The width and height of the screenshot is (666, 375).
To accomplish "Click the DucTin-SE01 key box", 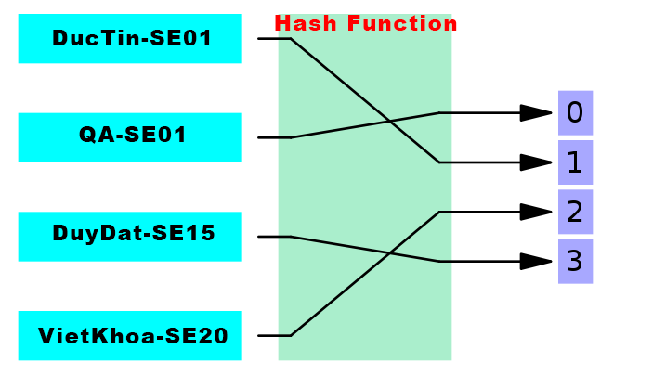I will pyautogui.click(x=129, y=38).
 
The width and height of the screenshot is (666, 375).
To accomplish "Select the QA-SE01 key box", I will pyautogui.click(x=129, y=137).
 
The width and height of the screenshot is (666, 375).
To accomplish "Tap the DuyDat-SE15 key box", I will pyautogui.click(x=129, y=236).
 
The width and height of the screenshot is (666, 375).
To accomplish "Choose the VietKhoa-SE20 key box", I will pyautogui.click(x=129, y=335).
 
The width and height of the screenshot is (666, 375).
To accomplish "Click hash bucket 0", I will pyautogui.click(x=575, y=113).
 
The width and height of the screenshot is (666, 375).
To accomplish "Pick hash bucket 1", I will pyautogui.click(x=575, y=162).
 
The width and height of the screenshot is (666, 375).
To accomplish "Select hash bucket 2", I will pyautogui.click(x=575, y=212).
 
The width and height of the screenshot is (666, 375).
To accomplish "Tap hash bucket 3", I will pyautogui.click(x=575, y=261).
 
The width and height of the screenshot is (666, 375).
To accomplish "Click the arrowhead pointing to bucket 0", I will pyautogui.click(x=536, y=113).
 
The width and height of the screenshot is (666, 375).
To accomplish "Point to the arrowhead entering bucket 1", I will pyautogui.click(x=536, y=162).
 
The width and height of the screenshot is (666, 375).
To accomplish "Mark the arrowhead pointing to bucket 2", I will pyautogui.click(x=536, y=212).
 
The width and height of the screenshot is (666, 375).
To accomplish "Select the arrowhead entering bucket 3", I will pyautogui.click(x=536, y=261).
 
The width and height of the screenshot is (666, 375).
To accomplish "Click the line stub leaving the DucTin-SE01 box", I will pyautogui.click(x=273, y=38).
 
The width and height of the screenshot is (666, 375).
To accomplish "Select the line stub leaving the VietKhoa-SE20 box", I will pyautogui.click(x=273, y=335).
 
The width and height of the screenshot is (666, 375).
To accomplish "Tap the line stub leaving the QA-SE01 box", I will pyautogui.click(x=273, y=137).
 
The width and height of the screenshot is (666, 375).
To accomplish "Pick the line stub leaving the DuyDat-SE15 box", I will pyautogui.click(x=273, y=236).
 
